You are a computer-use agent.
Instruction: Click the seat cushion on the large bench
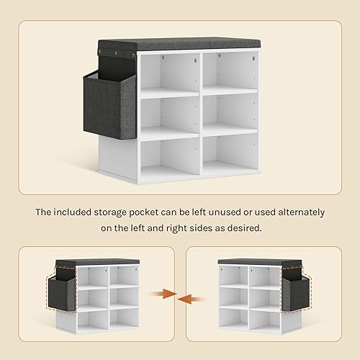[179, 45]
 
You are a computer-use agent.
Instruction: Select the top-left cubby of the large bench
[169, 75]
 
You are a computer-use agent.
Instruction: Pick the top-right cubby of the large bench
[230, 72]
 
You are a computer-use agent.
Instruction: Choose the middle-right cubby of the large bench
[230, 114]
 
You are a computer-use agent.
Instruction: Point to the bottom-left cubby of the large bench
[170, 160]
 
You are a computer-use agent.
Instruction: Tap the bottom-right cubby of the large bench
[230, 155]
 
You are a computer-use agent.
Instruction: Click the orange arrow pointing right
[163, 293]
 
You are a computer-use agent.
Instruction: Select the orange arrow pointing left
[191, 300]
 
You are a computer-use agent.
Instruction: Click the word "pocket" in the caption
[144, 212]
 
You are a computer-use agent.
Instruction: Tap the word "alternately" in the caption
[301, 212]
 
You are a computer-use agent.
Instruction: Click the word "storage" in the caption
[110, 213]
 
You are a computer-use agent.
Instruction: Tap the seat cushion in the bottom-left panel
[97, 262]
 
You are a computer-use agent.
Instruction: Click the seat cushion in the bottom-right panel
[260, 262]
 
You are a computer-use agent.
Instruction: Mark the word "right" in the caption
[176, 228]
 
